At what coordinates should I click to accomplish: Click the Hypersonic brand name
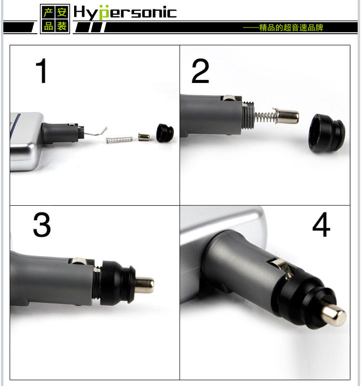coord(125,13)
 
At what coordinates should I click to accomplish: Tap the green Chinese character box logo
coord(55,19)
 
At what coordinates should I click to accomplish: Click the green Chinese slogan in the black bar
coord(283,27)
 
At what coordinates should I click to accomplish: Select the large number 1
coord(42,71)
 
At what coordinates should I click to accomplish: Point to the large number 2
coord(200,71)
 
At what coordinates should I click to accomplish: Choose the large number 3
coord(42,225)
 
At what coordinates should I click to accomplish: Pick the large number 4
coord(321,224)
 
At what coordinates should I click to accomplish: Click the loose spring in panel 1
coord(119,140)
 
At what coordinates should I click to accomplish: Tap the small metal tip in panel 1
coord(143,137)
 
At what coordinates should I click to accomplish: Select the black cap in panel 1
coord(165,133)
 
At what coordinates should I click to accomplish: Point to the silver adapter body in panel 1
coord(26,141)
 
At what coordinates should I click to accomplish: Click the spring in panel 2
coord(266,116)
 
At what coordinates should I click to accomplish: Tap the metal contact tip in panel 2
coord(287,117)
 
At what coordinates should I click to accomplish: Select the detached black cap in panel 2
coord(327,133)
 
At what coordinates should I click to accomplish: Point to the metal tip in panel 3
coord(144,285)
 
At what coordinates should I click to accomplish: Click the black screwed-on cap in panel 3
coord(117,283)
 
